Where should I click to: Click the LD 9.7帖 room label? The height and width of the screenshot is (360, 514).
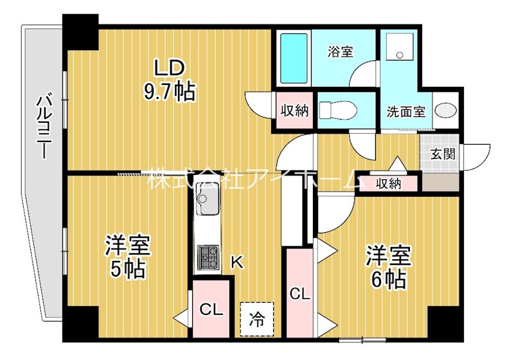click(x=169, y=80)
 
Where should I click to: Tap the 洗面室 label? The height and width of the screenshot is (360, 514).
click(x=405, y=111)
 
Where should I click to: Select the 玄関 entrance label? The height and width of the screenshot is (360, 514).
click(x=442, y=154)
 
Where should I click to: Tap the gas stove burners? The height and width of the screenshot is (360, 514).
click(x=208, y=257)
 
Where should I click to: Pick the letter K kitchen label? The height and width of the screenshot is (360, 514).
click(x=237, y=261)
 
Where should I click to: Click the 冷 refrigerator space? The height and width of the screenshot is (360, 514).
click(x=256, y=319)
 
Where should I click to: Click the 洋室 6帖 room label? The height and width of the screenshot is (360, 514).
click(x=388, y=266)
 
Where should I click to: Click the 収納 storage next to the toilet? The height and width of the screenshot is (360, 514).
click(x=294, y=111)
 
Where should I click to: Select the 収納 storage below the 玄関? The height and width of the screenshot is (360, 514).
click(x=389, y=183)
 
